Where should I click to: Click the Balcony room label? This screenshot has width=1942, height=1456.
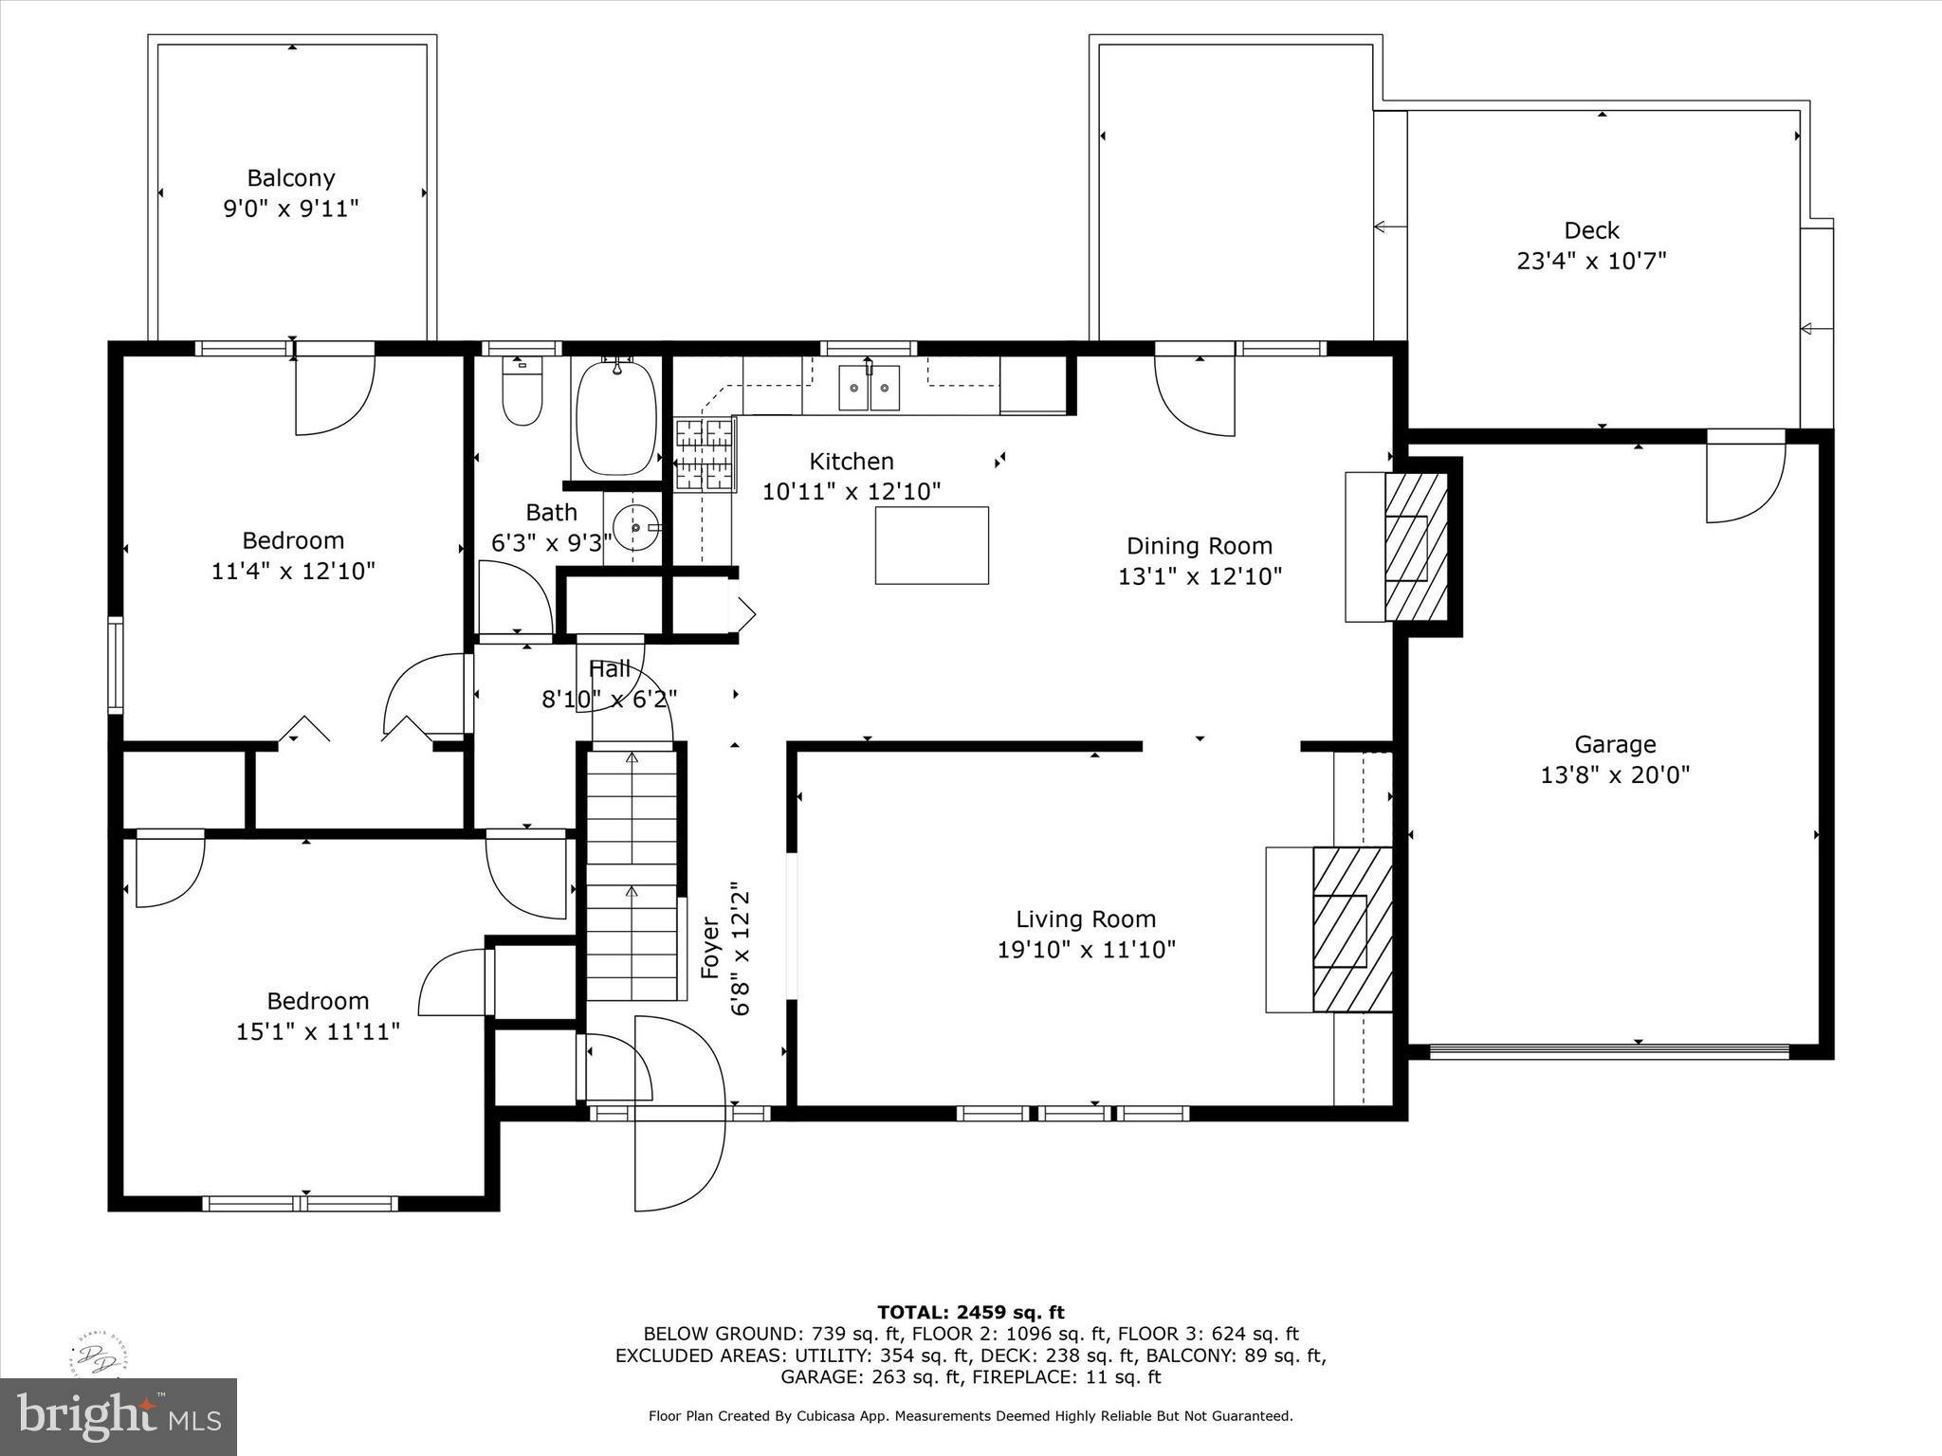(x=291, y=178)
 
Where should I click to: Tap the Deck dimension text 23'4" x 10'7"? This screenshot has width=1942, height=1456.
(x=1591, y=261)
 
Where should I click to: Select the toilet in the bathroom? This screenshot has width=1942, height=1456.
(x=522, y=391)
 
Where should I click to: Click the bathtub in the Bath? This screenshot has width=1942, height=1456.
(x=616, y=417)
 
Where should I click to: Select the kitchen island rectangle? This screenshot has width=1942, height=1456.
(x=931, y=545)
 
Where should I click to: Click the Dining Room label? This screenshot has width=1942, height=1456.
(x=1200, y=546)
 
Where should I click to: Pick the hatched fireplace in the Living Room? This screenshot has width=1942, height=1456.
(x=1352, y=930)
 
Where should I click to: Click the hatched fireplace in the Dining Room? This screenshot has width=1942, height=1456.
(x=1417, y=547)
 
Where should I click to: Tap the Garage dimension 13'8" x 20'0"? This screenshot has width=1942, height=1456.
(x=1615, y=775)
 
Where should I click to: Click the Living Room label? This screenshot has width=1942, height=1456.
(x=1086, y=919)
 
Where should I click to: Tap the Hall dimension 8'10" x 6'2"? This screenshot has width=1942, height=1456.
(x=609, y=700)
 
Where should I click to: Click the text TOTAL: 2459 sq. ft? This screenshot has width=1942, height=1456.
(x=971, y=1313)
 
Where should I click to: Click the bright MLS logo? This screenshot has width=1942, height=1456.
(x=119, y=1417)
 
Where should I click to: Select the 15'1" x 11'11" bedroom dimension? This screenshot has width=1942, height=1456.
(x=318, y=1031)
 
